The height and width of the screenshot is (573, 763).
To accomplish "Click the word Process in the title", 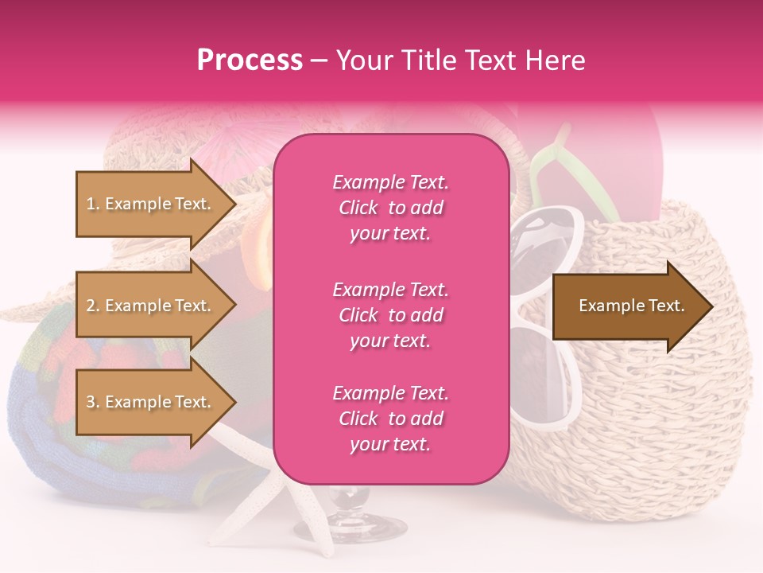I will [250, 60].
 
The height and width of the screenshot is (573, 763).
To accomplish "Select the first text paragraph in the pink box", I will [390, 208].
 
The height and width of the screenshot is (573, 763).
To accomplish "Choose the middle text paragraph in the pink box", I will [390, 315].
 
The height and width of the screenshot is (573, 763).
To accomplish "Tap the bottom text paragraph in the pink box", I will [390, 419].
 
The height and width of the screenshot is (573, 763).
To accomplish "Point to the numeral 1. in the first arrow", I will [92, 204].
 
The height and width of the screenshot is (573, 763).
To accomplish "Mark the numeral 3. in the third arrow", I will [93, 403].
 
